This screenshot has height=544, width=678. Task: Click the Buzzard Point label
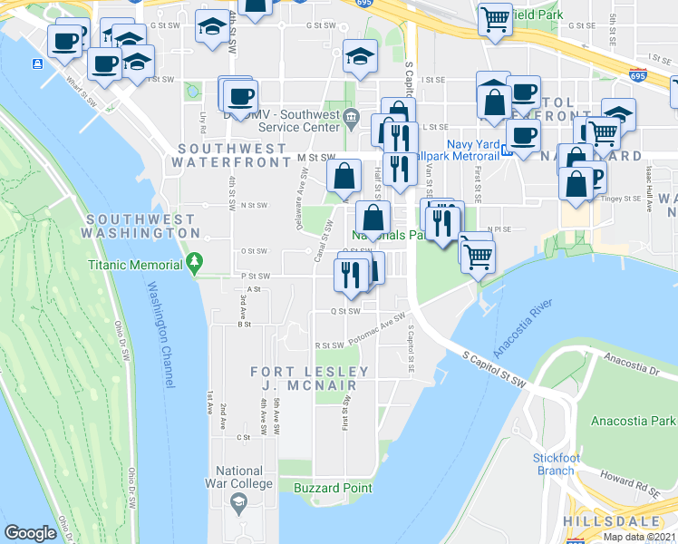(333, 488)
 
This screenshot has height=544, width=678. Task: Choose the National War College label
(239, 477)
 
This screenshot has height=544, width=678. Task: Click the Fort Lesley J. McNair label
(310, 378)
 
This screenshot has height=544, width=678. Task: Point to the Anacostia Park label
(634, 421)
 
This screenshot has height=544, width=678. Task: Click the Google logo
(30, 533)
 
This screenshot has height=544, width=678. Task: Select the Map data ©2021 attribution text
(639, 537)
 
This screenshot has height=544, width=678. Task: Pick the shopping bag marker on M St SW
(344, 176)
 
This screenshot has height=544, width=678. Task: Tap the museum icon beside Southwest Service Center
(352, 114)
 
